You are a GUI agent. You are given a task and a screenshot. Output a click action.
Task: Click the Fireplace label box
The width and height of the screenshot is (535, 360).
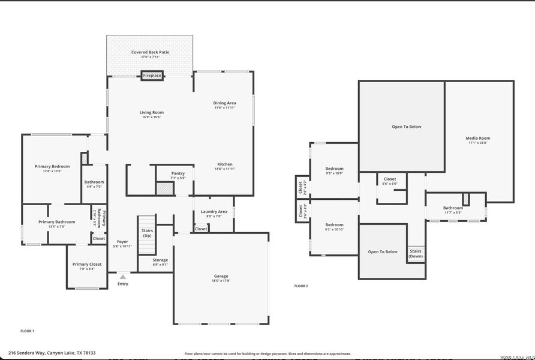(152, 76)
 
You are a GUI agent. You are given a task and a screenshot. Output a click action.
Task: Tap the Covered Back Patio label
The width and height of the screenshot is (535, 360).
(150, 52)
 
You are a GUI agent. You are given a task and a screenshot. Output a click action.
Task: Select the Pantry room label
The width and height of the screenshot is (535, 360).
(178, 173)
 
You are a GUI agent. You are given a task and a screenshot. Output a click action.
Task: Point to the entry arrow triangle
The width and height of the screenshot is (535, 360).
(122, 277)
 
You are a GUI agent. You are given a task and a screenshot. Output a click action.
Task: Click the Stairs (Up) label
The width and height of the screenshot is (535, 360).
(147, 233)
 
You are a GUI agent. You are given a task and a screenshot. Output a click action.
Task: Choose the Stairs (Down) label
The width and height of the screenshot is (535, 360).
(416, 254)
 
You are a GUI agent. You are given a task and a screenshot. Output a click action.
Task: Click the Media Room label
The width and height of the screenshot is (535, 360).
(478, 139)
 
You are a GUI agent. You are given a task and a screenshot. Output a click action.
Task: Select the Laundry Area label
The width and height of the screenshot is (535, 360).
(214, 211)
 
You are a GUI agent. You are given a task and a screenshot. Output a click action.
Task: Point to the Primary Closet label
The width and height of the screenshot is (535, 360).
(88, 264)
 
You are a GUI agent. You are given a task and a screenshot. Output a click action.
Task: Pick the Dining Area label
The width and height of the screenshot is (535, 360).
(225, 103)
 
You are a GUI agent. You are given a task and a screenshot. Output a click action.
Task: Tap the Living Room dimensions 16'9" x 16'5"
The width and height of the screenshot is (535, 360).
(152, 117)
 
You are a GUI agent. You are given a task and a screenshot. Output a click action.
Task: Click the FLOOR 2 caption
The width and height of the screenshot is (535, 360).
(301, 286)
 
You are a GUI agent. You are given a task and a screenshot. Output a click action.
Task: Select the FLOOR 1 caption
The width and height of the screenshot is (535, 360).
(28, 331)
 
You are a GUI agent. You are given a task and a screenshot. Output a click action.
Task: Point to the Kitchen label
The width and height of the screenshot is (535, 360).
(225, 164)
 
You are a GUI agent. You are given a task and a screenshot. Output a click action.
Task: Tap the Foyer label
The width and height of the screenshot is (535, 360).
(122, 242)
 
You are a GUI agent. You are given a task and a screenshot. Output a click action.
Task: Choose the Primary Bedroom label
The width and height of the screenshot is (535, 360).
(52, 166)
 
